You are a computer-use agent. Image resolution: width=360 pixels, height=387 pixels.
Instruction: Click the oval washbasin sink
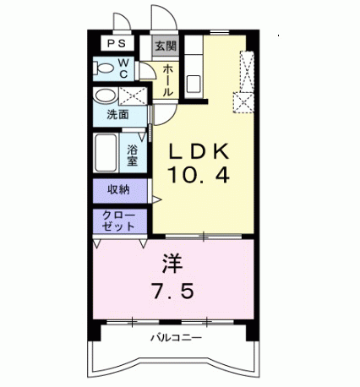coord(106,95)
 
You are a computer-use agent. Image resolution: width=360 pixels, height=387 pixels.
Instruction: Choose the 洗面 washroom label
coord(117,115)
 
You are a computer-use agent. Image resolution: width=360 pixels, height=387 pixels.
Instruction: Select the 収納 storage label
coord(117,189)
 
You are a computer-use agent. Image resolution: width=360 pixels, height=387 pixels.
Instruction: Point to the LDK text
coord(200,152)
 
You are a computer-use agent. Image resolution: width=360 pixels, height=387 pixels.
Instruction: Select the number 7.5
coord(173,291)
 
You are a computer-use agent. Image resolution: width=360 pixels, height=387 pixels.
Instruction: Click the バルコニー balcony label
coord(177,341)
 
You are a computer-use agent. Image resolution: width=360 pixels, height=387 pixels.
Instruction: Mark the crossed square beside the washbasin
coord(132,95)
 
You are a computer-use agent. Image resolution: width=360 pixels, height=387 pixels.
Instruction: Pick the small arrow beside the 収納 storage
coord(156,199)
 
